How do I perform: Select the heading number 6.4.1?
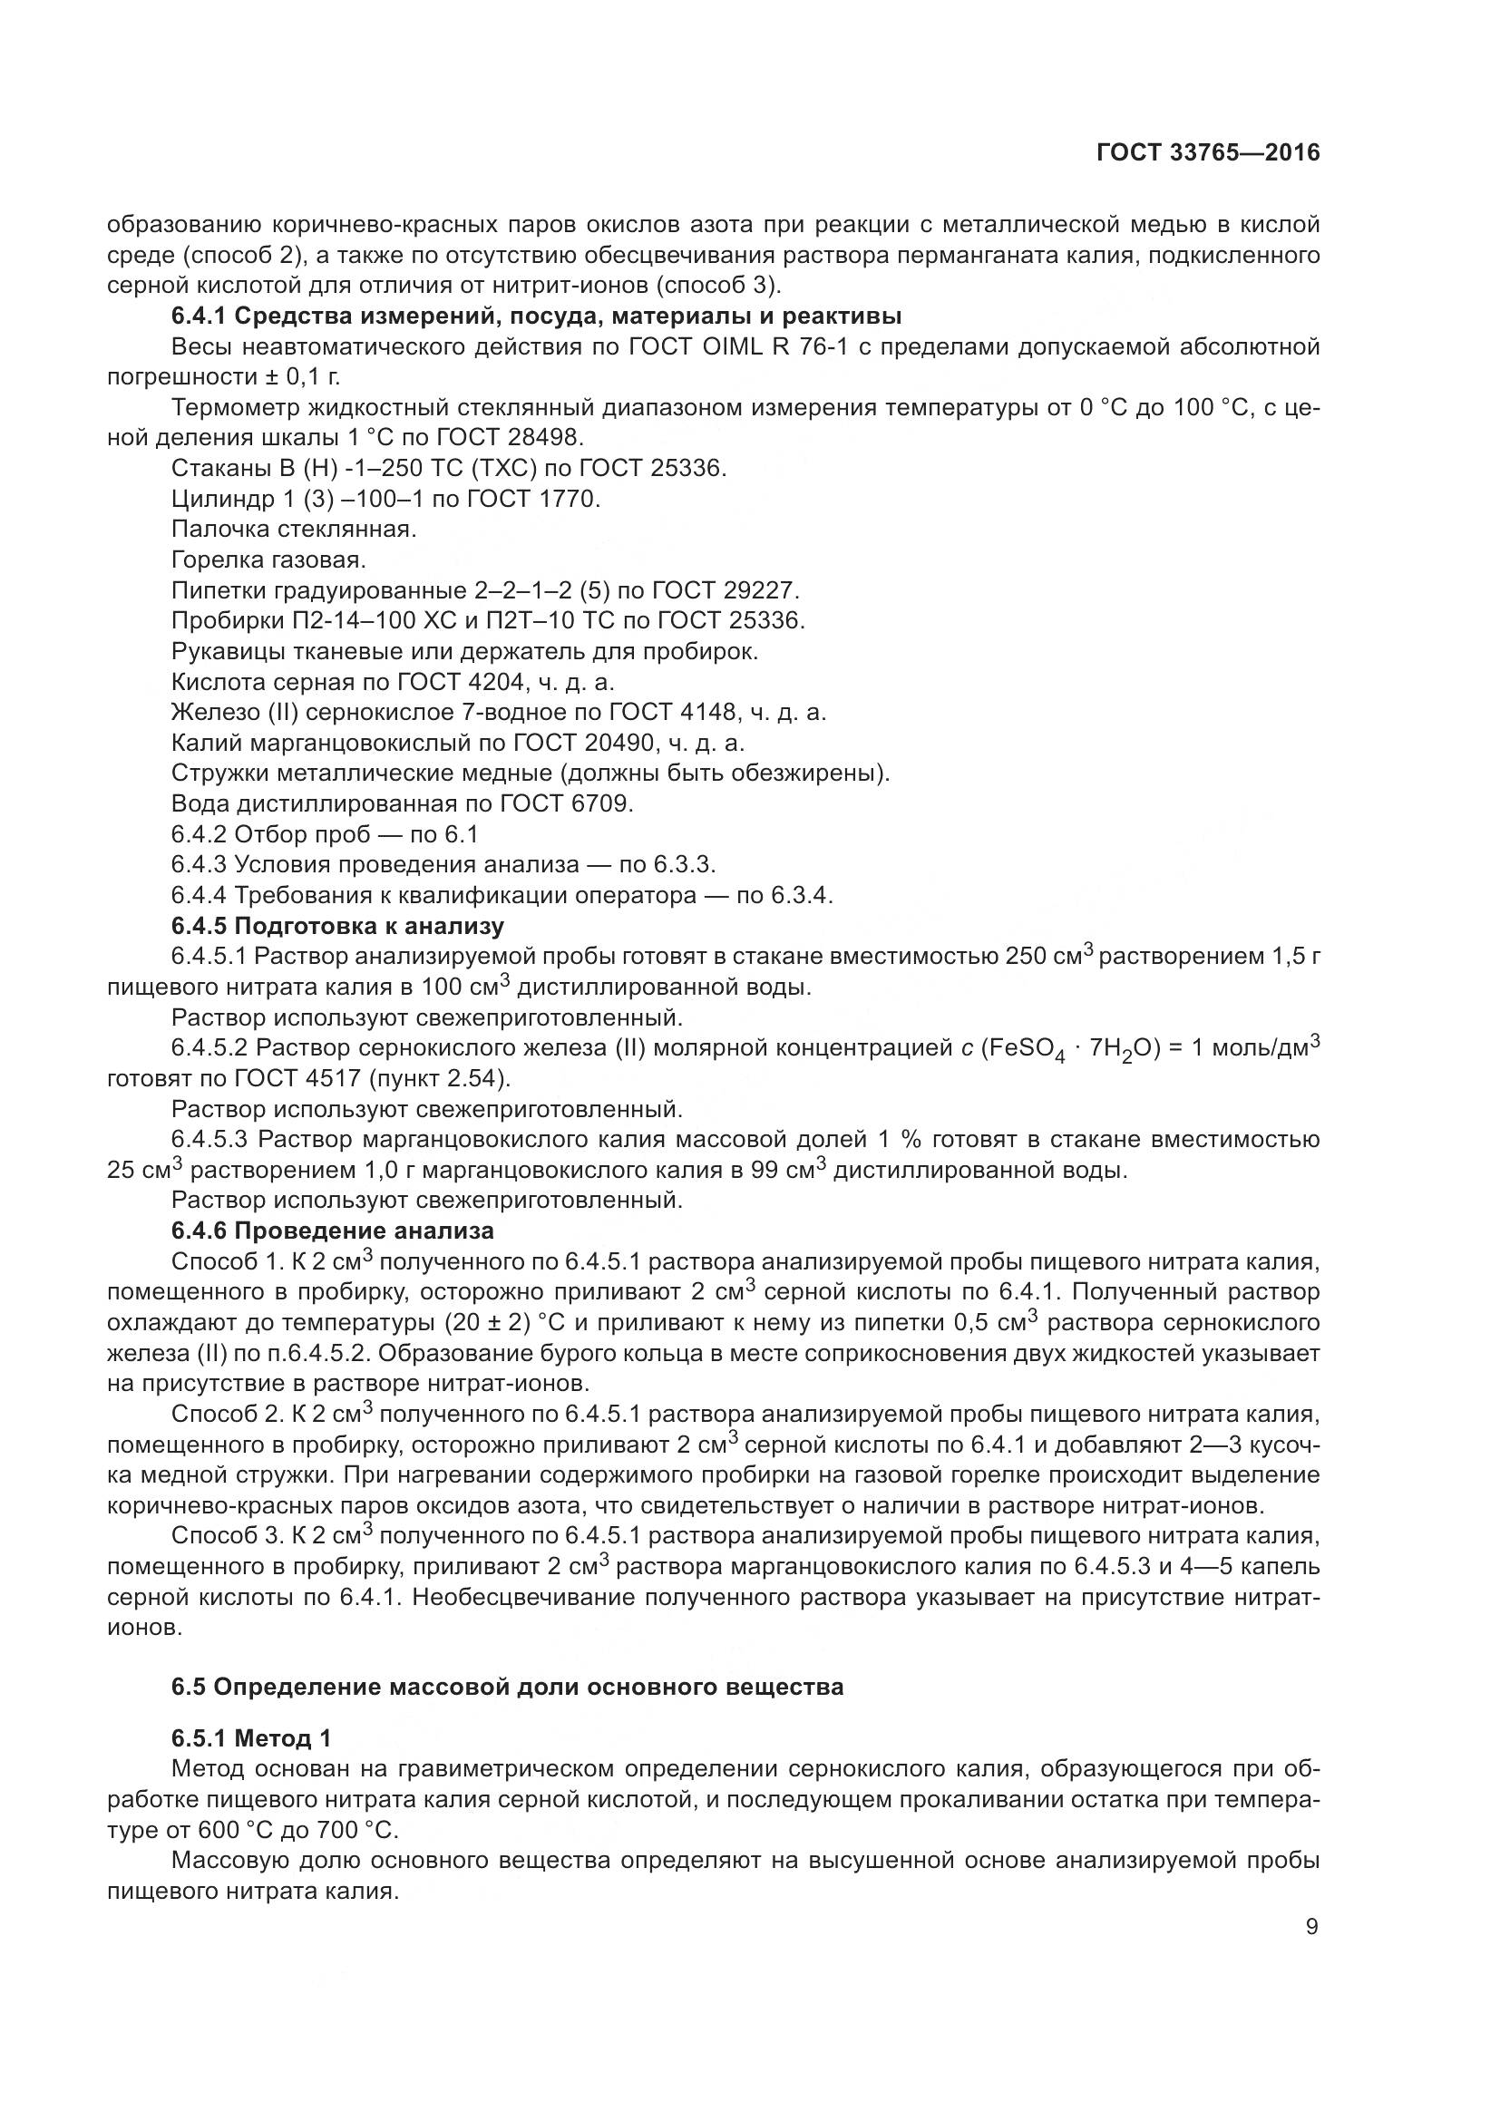point(199,316)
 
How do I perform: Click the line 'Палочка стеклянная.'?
point(294,530)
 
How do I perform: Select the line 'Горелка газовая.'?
point(268,559)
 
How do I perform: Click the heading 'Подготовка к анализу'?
point(368,926)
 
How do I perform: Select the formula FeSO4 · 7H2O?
point(1067,1049)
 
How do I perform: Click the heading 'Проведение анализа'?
point(363,1231)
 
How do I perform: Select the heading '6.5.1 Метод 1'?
point(250,1738)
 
